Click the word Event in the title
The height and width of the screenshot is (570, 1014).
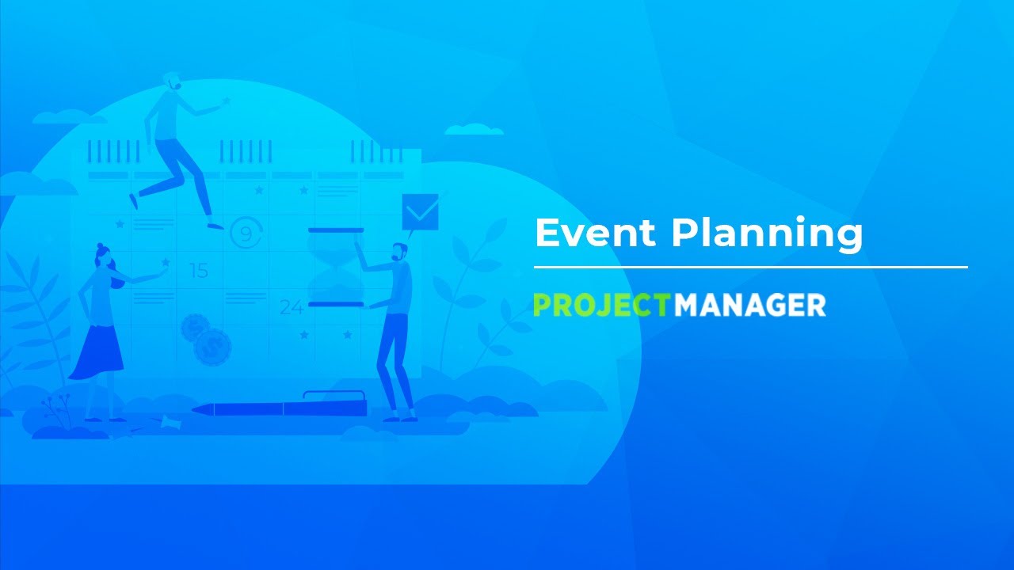tap(594, 234)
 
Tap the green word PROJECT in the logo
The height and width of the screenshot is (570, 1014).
tap(602, 305)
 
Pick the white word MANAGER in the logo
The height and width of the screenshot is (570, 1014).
tap(750, 305)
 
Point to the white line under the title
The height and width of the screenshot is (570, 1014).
tap(750, 268)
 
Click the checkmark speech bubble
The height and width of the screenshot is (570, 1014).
tap(419, 212)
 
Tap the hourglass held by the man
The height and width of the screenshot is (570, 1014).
tap(336, 267)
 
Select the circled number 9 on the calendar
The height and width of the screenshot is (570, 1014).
tap(246, 234)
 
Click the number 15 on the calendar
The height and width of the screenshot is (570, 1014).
tap(198, 272)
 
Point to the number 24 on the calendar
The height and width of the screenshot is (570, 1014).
tap(291, 307)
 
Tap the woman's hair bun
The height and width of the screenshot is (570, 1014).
tap(101, 247)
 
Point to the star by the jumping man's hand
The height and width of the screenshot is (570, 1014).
tap(227, 101)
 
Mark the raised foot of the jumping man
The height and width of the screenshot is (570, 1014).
tap(133, 200)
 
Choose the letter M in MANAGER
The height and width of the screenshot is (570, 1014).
tap(686, 305)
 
